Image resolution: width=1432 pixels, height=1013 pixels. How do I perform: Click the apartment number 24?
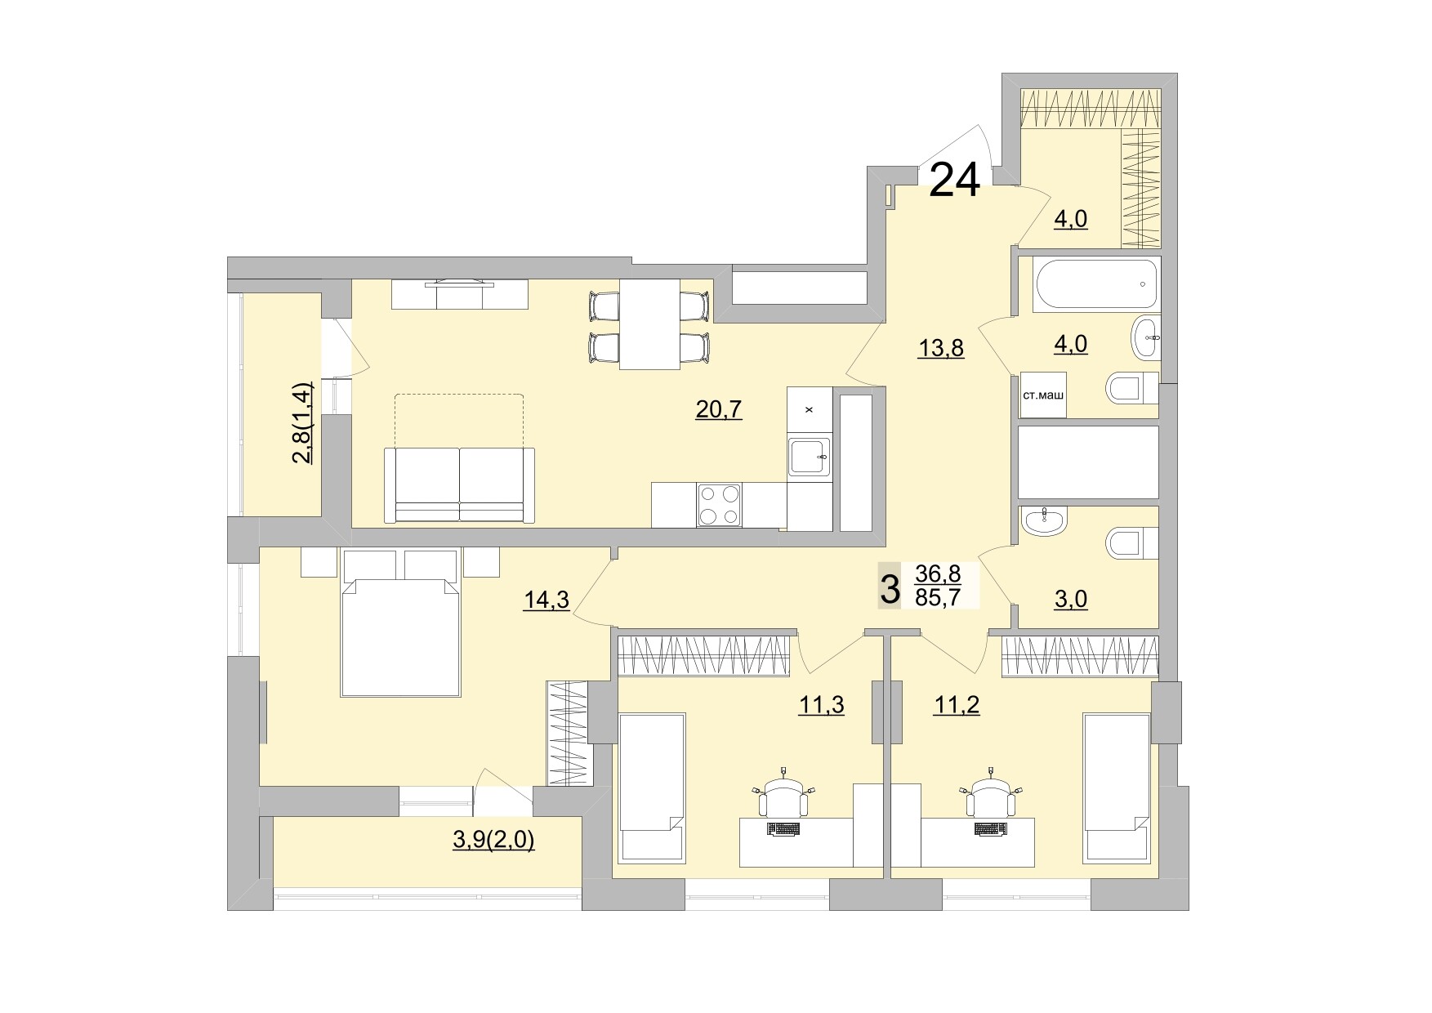955,181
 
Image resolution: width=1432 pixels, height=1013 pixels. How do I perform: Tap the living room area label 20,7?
719,409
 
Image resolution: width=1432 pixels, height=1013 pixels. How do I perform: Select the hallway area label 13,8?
941,348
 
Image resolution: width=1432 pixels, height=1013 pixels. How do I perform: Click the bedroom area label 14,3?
546,601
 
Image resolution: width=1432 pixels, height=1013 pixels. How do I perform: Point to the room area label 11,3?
821,704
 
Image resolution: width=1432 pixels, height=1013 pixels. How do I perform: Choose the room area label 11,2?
957,704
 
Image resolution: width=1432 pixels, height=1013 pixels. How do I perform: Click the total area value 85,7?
939,598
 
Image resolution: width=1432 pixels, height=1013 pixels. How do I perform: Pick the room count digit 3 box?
890,587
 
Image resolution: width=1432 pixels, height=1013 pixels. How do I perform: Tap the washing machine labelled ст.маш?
1043,395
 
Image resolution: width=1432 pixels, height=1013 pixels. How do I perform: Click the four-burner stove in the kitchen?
719,505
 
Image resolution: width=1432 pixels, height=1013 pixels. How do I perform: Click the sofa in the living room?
460,484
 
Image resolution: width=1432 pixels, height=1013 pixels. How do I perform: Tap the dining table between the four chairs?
649,324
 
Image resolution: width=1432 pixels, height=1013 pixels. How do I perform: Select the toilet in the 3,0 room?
1131,542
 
